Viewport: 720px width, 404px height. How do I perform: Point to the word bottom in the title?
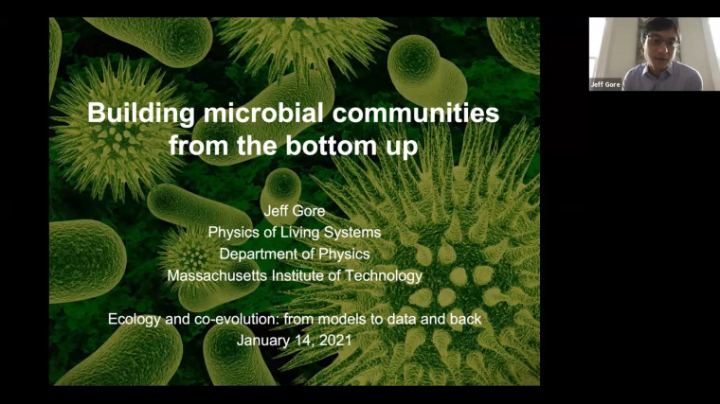pyautogui.click(x=325, y=148)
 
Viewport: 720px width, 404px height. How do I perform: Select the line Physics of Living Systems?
pyautogui.click(x=294, y=233)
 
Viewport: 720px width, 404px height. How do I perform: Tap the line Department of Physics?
pyautogui.click(x=294, y=254)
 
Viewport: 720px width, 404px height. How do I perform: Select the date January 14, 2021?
pyautogui.click(x=294, y=341)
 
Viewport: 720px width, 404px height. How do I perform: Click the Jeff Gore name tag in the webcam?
pyautogui.click(x=606, y=84)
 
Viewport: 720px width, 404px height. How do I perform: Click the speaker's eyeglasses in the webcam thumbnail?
pyautogui.click(x=660, y=42)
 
